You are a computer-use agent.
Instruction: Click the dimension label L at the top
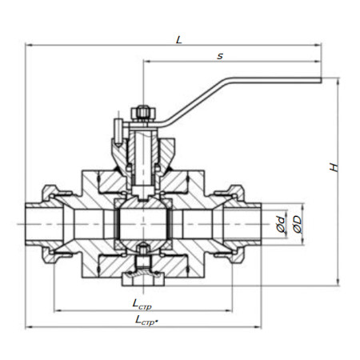click(179, 40)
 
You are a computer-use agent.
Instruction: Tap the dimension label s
click(220, 56)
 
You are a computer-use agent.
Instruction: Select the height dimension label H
click(334, 167)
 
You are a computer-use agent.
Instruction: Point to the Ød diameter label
click(281, 224)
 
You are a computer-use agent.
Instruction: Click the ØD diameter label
click(297, 224)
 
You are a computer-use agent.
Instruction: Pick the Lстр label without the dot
click(142, 304)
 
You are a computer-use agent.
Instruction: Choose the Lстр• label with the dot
click(146, 320)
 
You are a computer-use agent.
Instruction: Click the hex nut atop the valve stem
click(142, 113)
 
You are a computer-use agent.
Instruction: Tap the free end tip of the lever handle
click(321, 80)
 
